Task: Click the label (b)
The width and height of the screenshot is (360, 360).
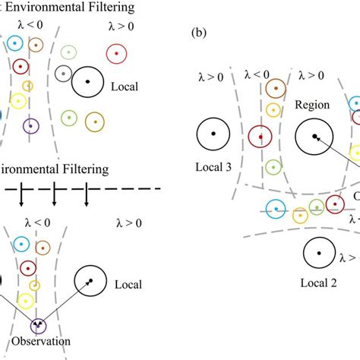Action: point(199,34)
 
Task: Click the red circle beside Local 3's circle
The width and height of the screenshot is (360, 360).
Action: point(261,136)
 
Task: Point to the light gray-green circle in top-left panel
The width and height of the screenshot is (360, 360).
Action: point(70,52)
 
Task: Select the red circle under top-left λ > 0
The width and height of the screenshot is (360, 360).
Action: point(115,54)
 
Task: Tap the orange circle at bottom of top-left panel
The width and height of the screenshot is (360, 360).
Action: point(94,121)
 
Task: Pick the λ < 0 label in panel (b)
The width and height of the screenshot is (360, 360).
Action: point(257,74)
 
